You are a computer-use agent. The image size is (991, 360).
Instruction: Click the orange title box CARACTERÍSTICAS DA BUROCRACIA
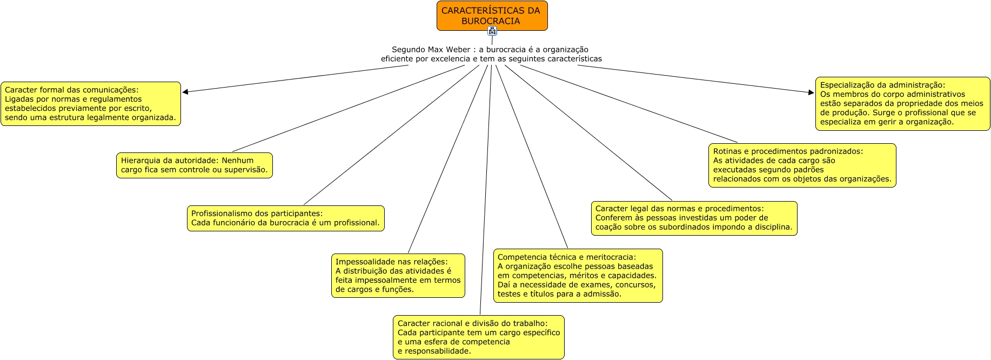(492, 15)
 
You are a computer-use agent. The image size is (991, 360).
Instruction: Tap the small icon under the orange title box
(492, 31)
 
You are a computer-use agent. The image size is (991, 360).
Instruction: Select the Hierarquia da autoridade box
(195, 165)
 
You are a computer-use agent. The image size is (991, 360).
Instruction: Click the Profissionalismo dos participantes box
(285, 218)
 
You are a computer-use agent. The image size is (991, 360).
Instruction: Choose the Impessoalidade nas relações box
(398, 276)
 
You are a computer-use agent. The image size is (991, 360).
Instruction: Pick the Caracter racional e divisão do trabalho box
(478, 337)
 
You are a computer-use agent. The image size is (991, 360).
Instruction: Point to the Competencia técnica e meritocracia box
(578, 276)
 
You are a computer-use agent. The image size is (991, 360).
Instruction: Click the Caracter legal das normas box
(694, 218)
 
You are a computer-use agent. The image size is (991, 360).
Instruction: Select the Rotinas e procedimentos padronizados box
(802, 165)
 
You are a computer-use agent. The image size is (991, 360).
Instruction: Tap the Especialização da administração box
(902, 104)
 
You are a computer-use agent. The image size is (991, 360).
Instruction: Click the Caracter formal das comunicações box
(91, 104)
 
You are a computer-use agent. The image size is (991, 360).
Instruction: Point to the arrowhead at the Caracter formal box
(185, 92)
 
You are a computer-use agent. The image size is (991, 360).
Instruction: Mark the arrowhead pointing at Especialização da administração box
(811, 92)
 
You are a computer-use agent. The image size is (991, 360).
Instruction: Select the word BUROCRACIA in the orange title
(491, 21)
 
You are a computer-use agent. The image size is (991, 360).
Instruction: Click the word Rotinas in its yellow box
(727, 151)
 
